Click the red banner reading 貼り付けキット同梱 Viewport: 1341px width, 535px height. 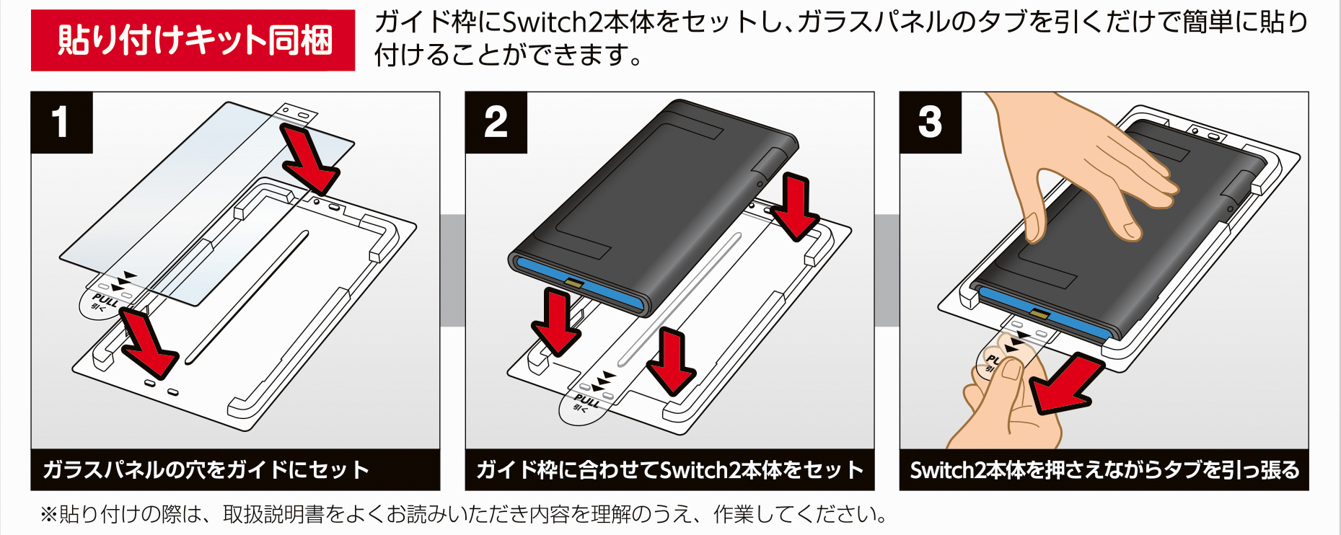pos(193,40)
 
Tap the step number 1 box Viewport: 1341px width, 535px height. pos(62,123)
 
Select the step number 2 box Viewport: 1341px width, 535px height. pos(496,123)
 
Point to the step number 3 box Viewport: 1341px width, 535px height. pos(931,123)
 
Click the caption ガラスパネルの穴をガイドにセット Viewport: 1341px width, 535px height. pos(206,470)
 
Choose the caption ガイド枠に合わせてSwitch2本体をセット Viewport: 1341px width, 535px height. pos(669,470)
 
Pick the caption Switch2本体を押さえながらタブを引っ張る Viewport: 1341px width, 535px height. pos(1104,470)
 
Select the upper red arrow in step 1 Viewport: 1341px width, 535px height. pos(307,159)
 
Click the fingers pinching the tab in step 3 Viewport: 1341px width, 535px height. pos(1006,400)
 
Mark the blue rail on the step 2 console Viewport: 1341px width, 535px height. pos(577,281)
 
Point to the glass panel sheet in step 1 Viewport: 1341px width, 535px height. pos(207,203)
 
